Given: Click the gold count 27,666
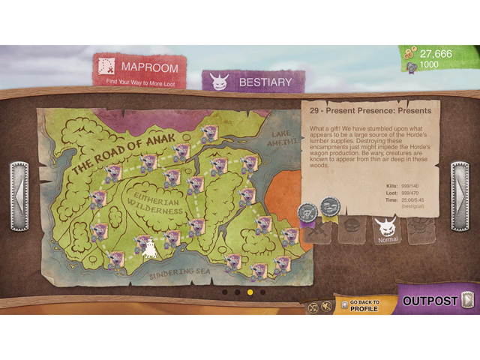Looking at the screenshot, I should click(435, 53).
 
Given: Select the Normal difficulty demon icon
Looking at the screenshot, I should click(387, 228).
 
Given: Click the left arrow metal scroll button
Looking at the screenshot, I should click(19, 196).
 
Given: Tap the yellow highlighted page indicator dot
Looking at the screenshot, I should click(250, 292).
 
